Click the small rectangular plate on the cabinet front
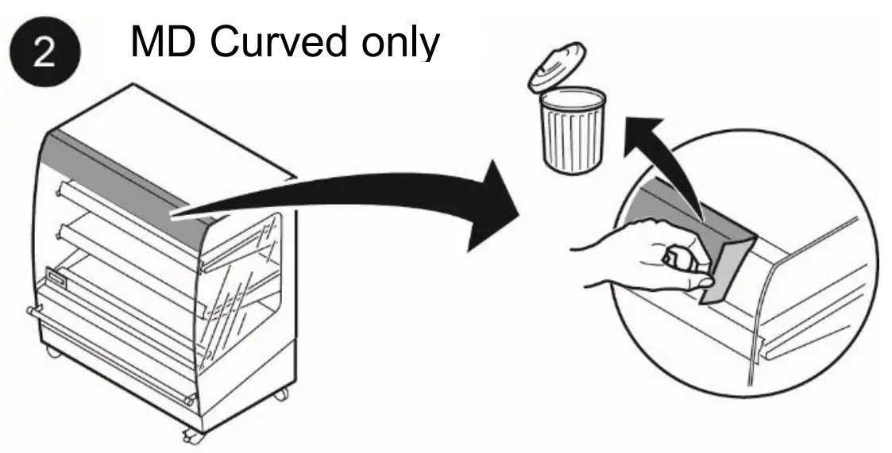point(58,277)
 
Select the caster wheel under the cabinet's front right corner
point(191,435)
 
